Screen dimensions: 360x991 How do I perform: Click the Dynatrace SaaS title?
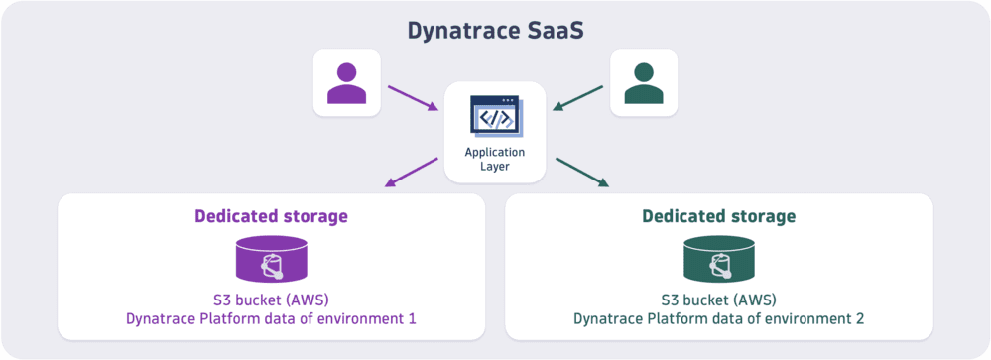pos(495,30)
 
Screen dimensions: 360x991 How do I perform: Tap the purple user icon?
pos(346,83)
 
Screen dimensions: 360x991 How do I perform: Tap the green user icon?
pos(644,83)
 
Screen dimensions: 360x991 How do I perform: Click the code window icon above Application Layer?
pos(495,116)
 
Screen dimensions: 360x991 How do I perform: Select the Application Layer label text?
pos(495,159)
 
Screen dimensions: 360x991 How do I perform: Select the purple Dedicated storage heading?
pos(271,216)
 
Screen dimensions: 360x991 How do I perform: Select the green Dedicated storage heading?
pos(718,216)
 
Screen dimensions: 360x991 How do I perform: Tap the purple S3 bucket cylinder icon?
pos(271,259)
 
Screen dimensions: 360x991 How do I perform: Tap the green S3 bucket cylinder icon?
pos(718,259)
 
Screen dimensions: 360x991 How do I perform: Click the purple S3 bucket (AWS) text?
pos(271,300)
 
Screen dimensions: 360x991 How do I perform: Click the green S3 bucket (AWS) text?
pos(718,300)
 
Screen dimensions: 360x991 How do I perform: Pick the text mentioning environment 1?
pos(271,319)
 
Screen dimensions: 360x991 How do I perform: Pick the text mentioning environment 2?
pos(718,319)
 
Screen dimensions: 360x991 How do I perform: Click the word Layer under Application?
pos(495,166)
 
